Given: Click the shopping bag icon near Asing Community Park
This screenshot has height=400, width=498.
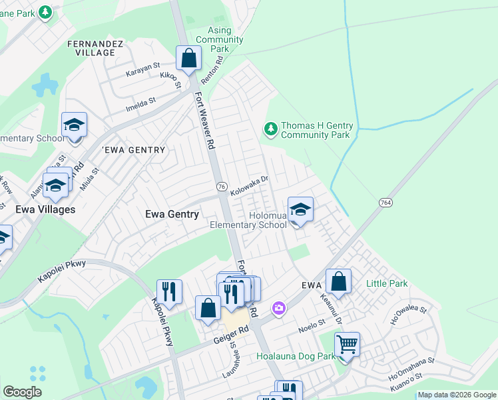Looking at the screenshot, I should coord(189,58).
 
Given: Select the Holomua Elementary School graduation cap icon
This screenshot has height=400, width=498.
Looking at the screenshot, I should coord(300,211).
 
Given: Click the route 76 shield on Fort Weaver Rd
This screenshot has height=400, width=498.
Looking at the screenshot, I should coord(221,186).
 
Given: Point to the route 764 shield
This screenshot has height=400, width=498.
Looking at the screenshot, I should coord(385,202).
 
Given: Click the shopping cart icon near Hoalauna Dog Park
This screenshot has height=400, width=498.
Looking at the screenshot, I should coord(347,345).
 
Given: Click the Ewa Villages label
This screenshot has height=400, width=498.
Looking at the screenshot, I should coord(45,209).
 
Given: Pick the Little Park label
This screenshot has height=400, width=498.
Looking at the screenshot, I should coord(387,284).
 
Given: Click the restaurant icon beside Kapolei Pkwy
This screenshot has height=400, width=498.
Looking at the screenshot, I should coord(169,292).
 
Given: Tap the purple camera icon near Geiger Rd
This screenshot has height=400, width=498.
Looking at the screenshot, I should coord(278,309).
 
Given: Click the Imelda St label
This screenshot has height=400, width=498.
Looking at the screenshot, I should coord(140,103).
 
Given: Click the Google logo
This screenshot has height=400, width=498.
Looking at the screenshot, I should coord(23,392).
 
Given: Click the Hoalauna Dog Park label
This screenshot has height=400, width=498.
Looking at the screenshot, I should coord(296,357).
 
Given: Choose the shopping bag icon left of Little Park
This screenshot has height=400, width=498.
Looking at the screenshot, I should coord(339,282).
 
